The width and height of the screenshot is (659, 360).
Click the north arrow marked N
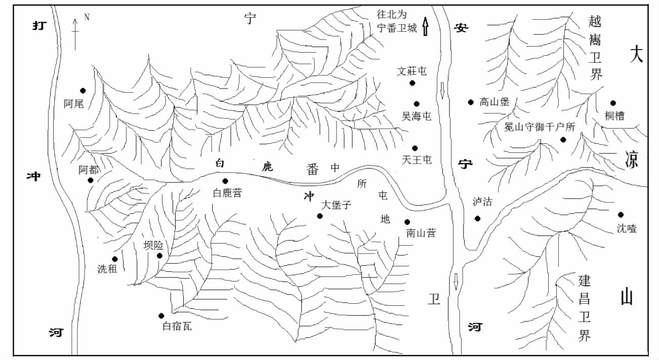pyautogui.click(x=75, y=33)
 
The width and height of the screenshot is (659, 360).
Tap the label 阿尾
pyautogui.click(x=73, y=104)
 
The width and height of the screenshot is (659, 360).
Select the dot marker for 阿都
pyautogui.click(x=91, y=180)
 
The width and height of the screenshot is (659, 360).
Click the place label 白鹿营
pyautogui.click(x=227, y=193)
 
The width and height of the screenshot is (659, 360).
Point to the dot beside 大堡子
pyautogui.click(x=320, y=216)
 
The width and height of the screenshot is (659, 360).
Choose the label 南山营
pyautogui.click(x=421, y=233)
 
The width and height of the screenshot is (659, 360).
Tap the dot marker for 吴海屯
pyautogui.click(x=417, y=104)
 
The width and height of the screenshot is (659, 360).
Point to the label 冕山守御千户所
pyautogui.click(x=540, y=127)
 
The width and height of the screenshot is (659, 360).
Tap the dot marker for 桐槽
pyautogui.click(x=613, y=103)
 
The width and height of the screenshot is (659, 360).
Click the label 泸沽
pyautogui.click(x=482, y=202)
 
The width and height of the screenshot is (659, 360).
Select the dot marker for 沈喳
pyautogui.click(x=621, y=215)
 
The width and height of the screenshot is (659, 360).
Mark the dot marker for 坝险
pyautogui.click(x=159, y=256)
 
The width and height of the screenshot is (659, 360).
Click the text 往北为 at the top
pyautogui.click(x=392, y=15)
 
